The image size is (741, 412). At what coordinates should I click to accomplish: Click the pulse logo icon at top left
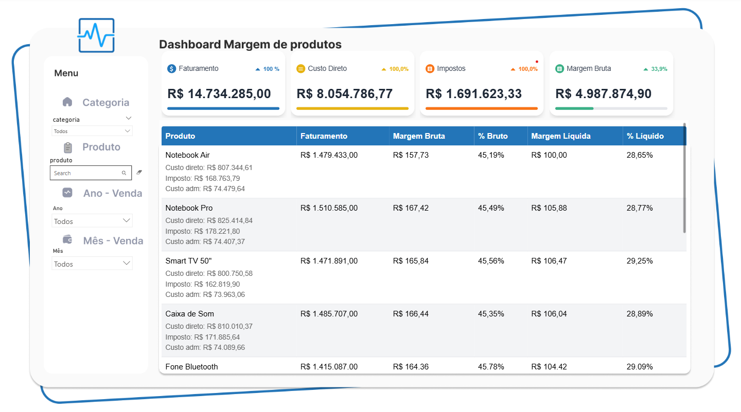(96, 35)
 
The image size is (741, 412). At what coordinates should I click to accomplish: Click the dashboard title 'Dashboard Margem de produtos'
(250, 45)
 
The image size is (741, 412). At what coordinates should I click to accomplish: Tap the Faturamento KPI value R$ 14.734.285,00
(219, 94)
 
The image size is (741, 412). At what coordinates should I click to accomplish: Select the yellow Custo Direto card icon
(301, 69)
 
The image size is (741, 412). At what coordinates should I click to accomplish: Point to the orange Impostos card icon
(430, 69)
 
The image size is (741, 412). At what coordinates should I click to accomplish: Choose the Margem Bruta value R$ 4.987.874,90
(603, 94)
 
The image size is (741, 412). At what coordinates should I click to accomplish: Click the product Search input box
(86, 173)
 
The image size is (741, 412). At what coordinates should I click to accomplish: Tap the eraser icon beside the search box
(139, 173)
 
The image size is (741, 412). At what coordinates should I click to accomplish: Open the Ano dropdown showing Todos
(93, 221)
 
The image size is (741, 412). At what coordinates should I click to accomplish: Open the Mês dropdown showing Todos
(93, 264)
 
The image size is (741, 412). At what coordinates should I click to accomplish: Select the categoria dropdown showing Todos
(93, 131)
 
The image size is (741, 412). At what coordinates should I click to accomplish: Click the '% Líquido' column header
(645, 136)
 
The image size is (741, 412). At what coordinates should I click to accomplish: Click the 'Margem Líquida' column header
(561, 136)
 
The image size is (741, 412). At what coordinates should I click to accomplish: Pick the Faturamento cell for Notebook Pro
(329, 208)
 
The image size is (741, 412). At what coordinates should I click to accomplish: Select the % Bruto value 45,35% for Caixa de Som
(491, 314)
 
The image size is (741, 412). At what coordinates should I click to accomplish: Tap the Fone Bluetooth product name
(191, 367)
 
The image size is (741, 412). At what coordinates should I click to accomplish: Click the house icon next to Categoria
(67, 102)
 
